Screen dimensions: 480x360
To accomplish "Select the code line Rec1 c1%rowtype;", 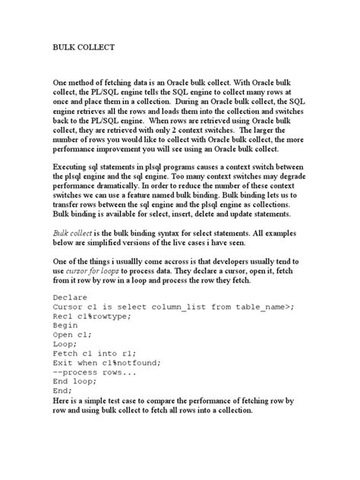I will [94, 321].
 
